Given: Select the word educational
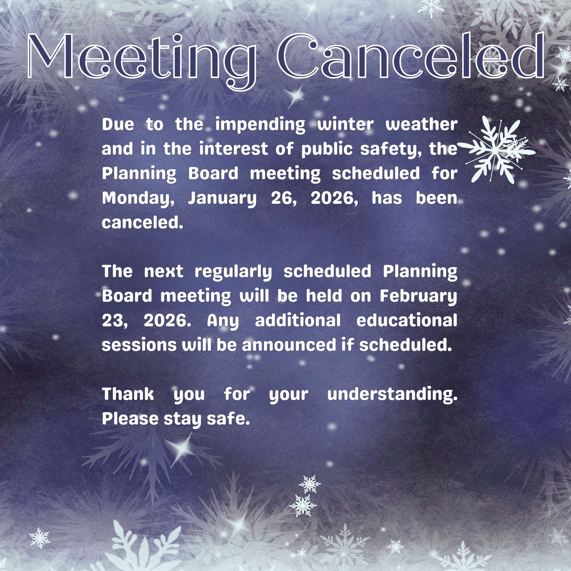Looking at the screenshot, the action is click(x=407, y=320).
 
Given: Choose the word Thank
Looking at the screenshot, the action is click(x=128, y=394).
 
